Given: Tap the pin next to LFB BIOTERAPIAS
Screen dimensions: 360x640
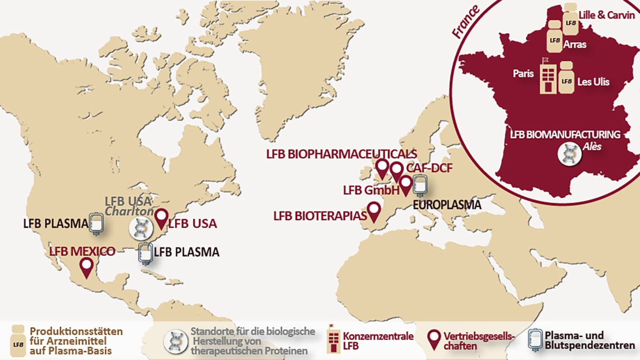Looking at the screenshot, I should click(x=374, y=211).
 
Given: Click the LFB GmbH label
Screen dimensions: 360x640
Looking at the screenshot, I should click(x=371, y=190).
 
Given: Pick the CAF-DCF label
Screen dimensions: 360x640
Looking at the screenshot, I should click(x=429, y=168).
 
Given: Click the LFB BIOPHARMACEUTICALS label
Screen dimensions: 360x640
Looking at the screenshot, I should click(x=342, y=154).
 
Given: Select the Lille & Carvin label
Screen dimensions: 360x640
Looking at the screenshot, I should click(x=600, y=15).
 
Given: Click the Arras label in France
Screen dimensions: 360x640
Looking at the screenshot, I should click(x=575, y=44).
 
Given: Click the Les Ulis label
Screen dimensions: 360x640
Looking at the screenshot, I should click(x=593, y=82).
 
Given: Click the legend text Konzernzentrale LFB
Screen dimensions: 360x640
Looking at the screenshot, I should click(x=378, y=341).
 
